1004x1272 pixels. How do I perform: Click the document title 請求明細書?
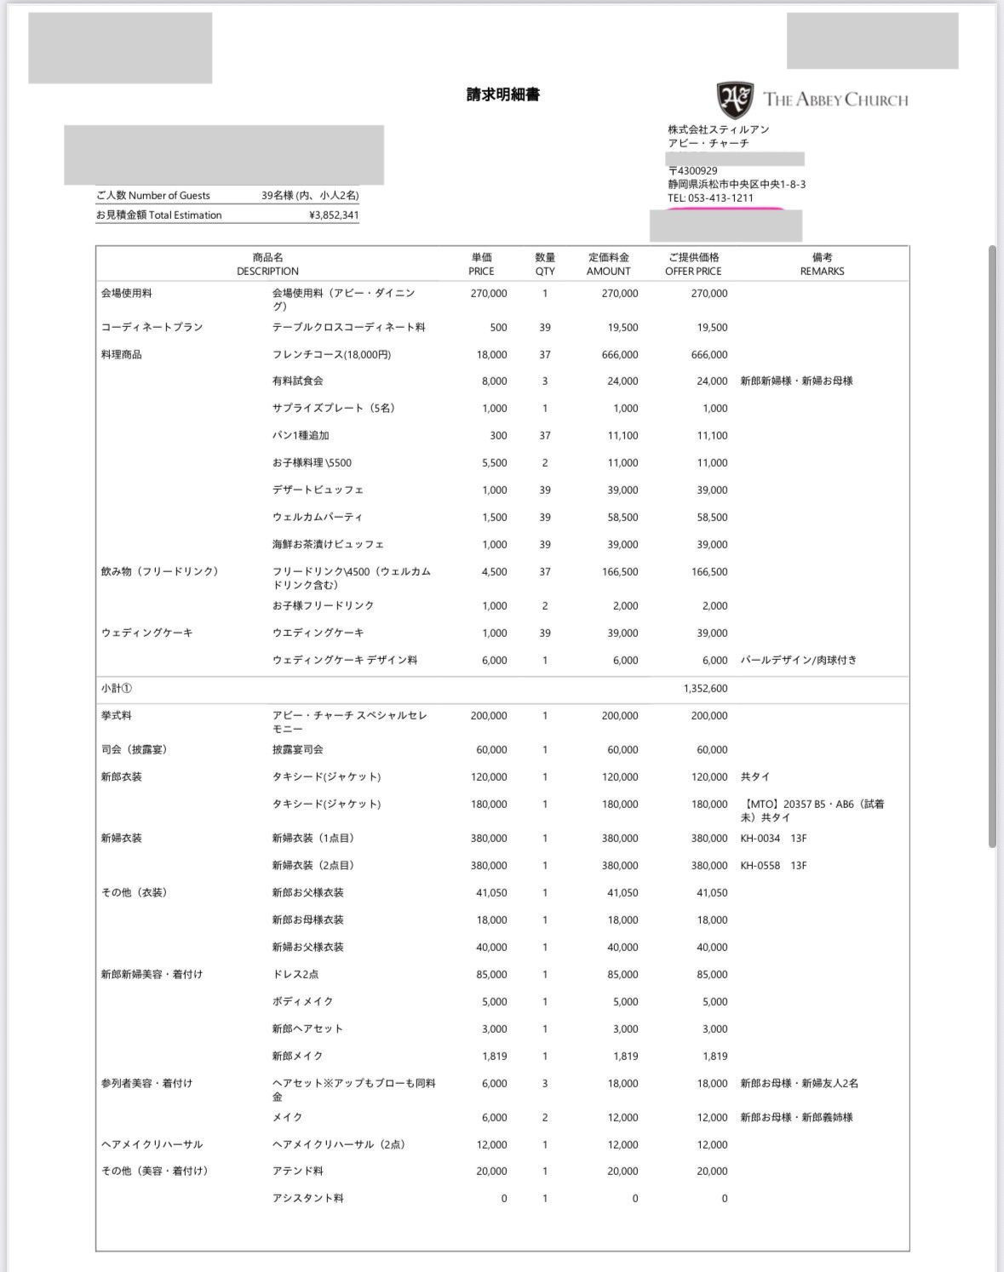tap(502, 95)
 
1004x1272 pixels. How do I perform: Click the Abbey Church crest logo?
tap(735, 100)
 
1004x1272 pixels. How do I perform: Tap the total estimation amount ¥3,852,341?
tap(334, 215)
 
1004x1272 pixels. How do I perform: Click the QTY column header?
tap(545, 264)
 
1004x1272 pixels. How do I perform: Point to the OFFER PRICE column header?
tap(692, 264)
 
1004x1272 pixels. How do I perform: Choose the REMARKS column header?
tap(822, 264)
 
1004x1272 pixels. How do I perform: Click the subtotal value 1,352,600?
tap(705, 689)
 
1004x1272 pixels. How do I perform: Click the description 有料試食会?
tap(297, 381)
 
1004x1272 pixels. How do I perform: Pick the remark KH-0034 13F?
tap(773, 839)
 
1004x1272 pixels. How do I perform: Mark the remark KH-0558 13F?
tap(773, 866)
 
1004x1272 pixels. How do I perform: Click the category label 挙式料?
tap(117, 716)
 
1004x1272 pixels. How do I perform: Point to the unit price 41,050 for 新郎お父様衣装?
tap(491, 893)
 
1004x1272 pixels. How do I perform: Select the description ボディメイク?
tap(302, 1002)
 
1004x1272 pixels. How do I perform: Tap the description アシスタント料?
tap(307, 1199)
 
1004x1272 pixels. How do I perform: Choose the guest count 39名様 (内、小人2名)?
tap(310, 196)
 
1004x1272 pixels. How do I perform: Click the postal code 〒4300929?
tap(692, 171)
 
